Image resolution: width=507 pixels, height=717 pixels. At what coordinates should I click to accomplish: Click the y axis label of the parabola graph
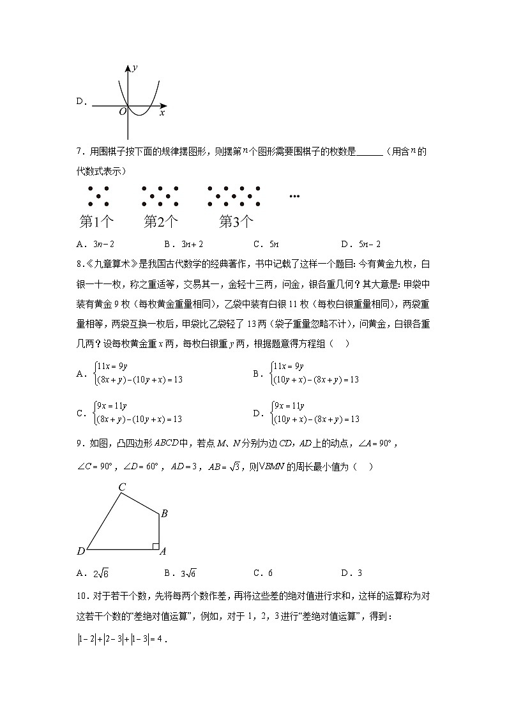(x=135, y=67)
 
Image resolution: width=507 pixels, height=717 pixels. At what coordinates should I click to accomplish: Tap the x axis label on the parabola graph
(x=162, y=112)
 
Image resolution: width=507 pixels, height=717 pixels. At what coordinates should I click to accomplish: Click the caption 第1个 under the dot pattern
(x=96, y=222)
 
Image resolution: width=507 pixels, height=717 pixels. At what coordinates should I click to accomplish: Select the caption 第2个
(x=161, y=222)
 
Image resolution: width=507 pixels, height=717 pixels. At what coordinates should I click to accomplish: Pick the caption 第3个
(x=236, y=222)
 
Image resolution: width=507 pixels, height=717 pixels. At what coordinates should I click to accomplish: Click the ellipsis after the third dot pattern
(x=294, y=196)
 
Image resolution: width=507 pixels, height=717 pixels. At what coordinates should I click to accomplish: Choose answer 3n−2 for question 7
(x=103, y=244)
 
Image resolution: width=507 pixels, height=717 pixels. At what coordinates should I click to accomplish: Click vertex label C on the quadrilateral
(x=122, y=487)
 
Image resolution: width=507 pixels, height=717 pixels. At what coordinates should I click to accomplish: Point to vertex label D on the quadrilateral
(x=81, y=551)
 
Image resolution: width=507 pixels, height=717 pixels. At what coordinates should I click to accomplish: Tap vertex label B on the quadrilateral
(x=164, y=513)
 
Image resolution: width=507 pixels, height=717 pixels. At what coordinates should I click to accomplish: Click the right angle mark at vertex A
(x=155, y=545)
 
